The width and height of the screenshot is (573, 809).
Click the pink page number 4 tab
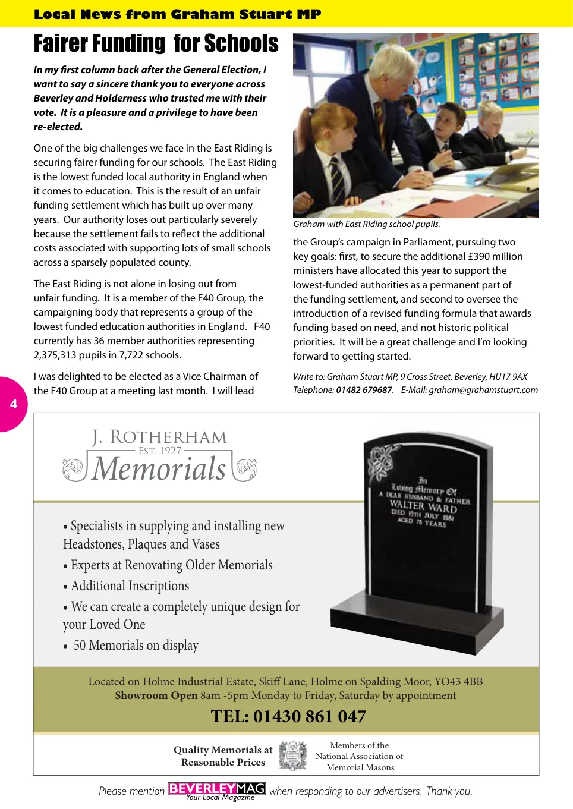click(13, 404)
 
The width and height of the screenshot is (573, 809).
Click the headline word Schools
click(241, 44)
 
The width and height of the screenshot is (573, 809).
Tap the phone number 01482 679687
click(364, 390)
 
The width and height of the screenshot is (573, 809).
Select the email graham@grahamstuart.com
click(483, 390)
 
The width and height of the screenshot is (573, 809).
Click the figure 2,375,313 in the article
click(61, 355)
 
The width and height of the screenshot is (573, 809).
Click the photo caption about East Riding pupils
click(367, 224)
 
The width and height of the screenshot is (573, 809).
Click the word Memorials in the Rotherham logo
click(159, 469)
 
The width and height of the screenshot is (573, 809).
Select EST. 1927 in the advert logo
click(159, 451)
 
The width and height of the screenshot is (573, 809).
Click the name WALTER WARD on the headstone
click(423, 506)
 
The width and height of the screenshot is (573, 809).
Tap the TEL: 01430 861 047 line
click(288, 716)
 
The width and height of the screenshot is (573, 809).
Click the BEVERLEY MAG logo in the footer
click(216, 789)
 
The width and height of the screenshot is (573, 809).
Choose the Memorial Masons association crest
click(293, 756)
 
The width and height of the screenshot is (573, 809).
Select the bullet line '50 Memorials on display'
click(136, 646)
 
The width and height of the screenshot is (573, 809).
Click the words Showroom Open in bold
click(156, 695)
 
